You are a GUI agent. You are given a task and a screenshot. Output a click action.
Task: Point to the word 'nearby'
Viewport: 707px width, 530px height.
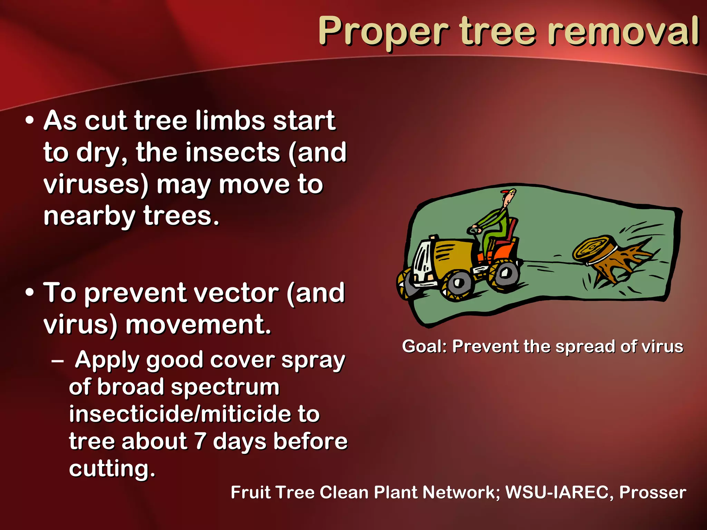(89, 216)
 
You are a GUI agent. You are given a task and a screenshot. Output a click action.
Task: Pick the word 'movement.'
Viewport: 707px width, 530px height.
(198, 325)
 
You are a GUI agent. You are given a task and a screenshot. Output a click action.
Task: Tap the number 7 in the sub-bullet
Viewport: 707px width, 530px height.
(200, 441)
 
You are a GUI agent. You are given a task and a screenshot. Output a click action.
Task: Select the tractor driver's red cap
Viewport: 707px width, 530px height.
(506, 191)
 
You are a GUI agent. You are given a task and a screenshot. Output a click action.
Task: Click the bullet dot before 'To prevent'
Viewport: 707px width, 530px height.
(30, 293)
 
